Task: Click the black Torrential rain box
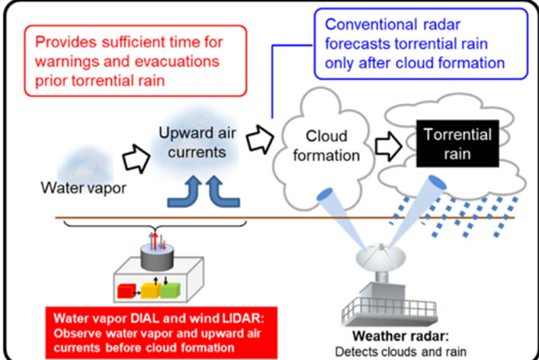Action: coord(457,144)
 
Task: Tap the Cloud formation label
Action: coord(326,145)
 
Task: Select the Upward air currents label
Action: coord(197,142)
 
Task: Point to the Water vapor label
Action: coord(83,188)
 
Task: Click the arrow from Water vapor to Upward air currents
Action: coord(136,159)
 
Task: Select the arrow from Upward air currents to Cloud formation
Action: coord(261,139)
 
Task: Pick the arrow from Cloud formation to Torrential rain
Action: coord(388,146)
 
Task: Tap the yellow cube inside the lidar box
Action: coord(151,290)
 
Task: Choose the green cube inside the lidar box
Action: coord(170,290)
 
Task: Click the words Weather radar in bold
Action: coord(401,336)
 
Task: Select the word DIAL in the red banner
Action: coord(145,319)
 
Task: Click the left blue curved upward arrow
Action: coord(185,192)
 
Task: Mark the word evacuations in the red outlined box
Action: coord(177,61)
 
